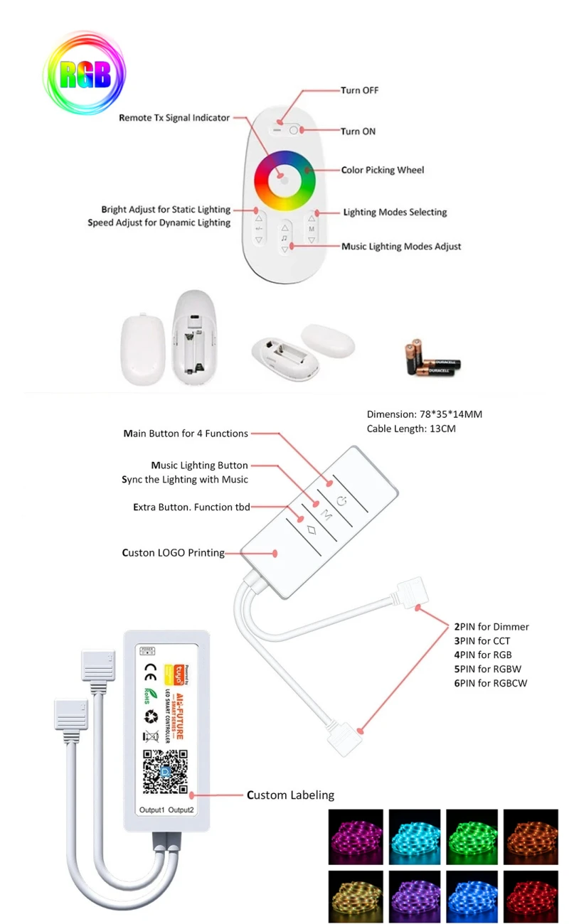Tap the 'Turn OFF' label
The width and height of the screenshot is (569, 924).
pos(359,90)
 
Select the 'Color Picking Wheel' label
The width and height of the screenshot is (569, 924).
pos(383,170)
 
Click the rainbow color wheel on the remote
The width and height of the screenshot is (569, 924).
pos(284,178)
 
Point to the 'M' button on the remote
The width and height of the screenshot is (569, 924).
pos(312,229)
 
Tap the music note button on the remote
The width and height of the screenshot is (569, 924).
pos(284,239)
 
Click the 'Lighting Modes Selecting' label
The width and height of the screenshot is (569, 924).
pos(395,212)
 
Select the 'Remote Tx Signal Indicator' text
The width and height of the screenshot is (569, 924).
pos(174,118)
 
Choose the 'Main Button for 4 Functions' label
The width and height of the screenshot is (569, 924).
pos(186,433)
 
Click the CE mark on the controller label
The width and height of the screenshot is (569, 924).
pos(150,668)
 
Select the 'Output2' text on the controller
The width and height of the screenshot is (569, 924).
pos(181,810)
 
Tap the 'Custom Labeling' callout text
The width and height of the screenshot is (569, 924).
pos(290,795)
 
